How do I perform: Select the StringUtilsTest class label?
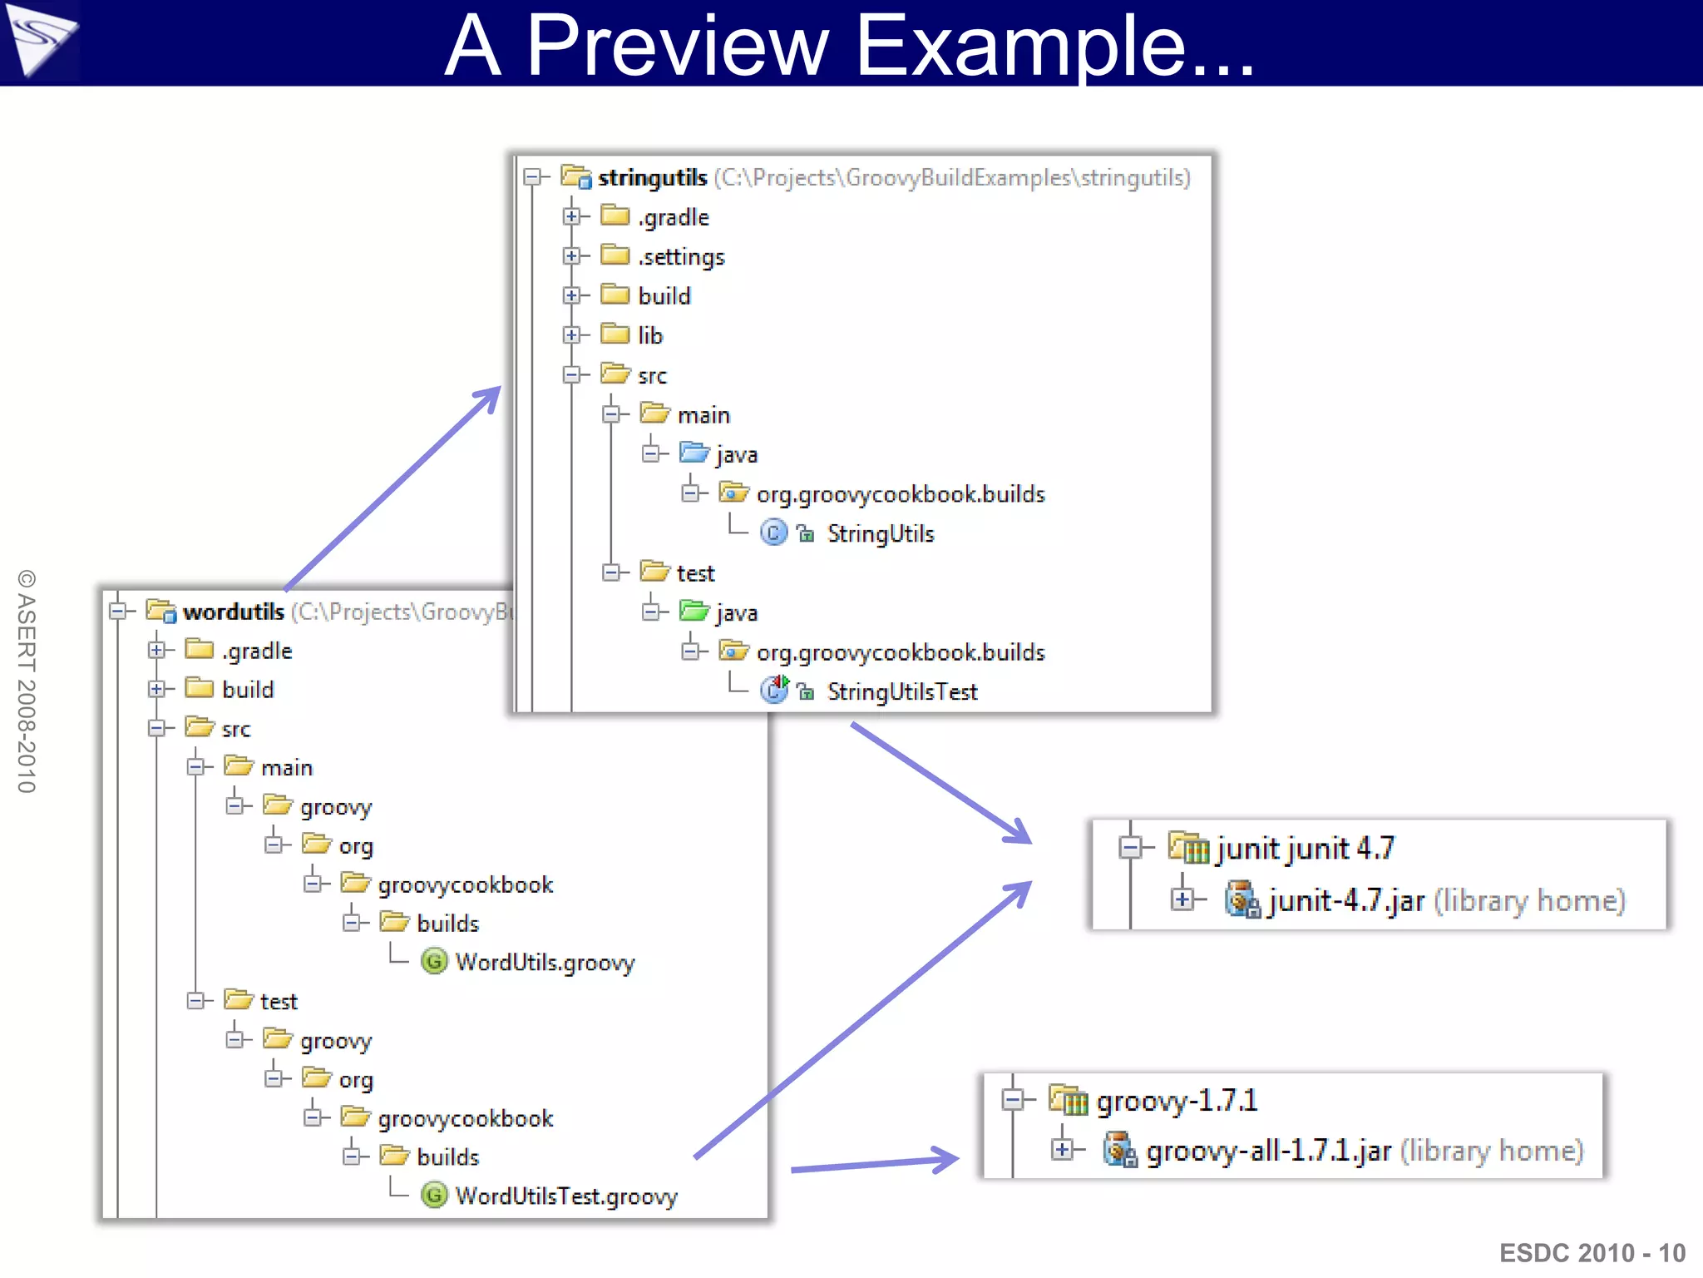click(901, 691)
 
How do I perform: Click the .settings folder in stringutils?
click(681, 256)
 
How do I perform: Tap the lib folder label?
click(649, 335)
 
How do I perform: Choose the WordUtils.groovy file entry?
click(544, 963)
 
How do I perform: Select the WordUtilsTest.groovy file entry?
click(565, 1196)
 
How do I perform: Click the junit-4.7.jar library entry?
click(1345, 901)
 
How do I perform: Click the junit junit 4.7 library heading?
click(1304, 849)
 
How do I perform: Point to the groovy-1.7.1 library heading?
click(1176, 1101)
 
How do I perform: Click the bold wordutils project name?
click(234, 612)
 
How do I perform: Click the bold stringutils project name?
click(652, 177)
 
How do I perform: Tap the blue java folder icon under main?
click(694, 453)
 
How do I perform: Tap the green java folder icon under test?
click(694, 612)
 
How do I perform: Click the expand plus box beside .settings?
click(571, 256)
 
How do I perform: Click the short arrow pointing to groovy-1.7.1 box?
click(873, 1163)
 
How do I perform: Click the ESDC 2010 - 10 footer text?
click(1592, 1252)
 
